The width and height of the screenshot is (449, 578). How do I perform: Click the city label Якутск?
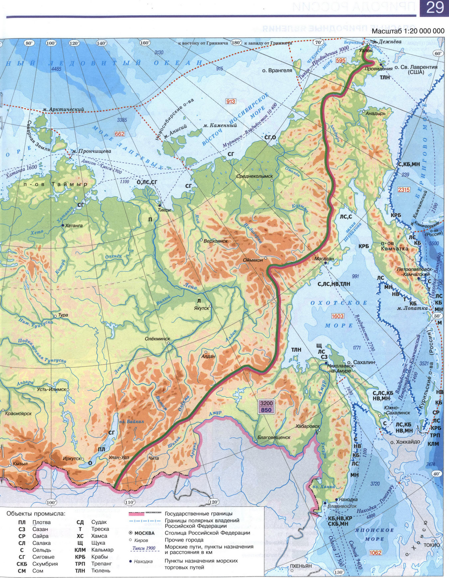(201, 308)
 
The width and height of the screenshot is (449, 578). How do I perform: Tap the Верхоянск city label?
(216, 240)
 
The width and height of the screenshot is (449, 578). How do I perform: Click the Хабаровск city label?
(307, 426)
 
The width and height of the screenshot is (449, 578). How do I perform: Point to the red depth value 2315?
(404, 190)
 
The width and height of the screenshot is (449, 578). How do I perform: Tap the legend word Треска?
(100, 529)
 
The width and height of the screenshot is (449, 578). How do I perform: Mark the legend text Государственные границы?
(198, 513)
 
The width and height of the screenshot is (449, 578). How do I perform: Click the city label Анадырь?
(375, 113)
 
